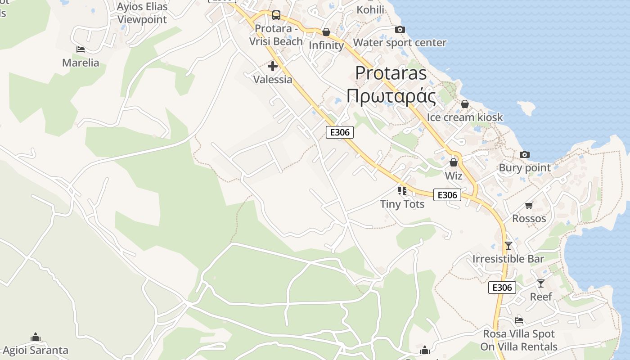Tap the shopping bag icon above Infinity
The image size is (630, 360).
point(326,32)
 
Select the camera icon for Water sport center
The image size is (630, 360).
point(400,30)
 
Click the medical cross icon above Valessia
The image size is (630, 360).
point(272,67)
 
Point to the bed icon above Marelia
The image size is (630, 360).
point(81,49)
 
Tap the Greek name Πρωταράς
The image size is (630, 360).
point(391,97)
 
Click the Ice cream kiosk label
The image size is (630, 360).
point(465,117)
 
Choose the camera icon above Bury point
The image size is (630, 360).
point(524,155)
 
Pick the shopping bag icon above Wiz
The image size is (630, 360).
point(454,162)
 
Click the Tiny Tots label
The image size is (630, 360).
point(402,204)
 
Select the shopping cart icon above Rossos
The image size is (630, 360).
point(529,206)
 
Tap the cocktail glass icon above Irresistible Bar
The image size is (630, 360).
point(508,246)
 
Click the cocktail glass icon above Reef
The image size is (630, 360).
point(540,283)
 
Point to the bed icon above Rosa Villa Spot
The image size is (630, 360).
point(519,321)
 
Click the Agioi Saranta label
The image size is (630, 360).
point(36,350)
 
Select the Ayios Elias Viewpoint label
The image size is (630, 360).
point(142,13)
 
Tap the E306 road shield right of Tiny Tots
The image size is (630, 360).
point(447,195)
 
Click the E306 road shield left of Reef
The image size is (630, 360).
point(502,288)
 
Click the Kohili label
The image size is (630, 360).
point(370,9)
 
